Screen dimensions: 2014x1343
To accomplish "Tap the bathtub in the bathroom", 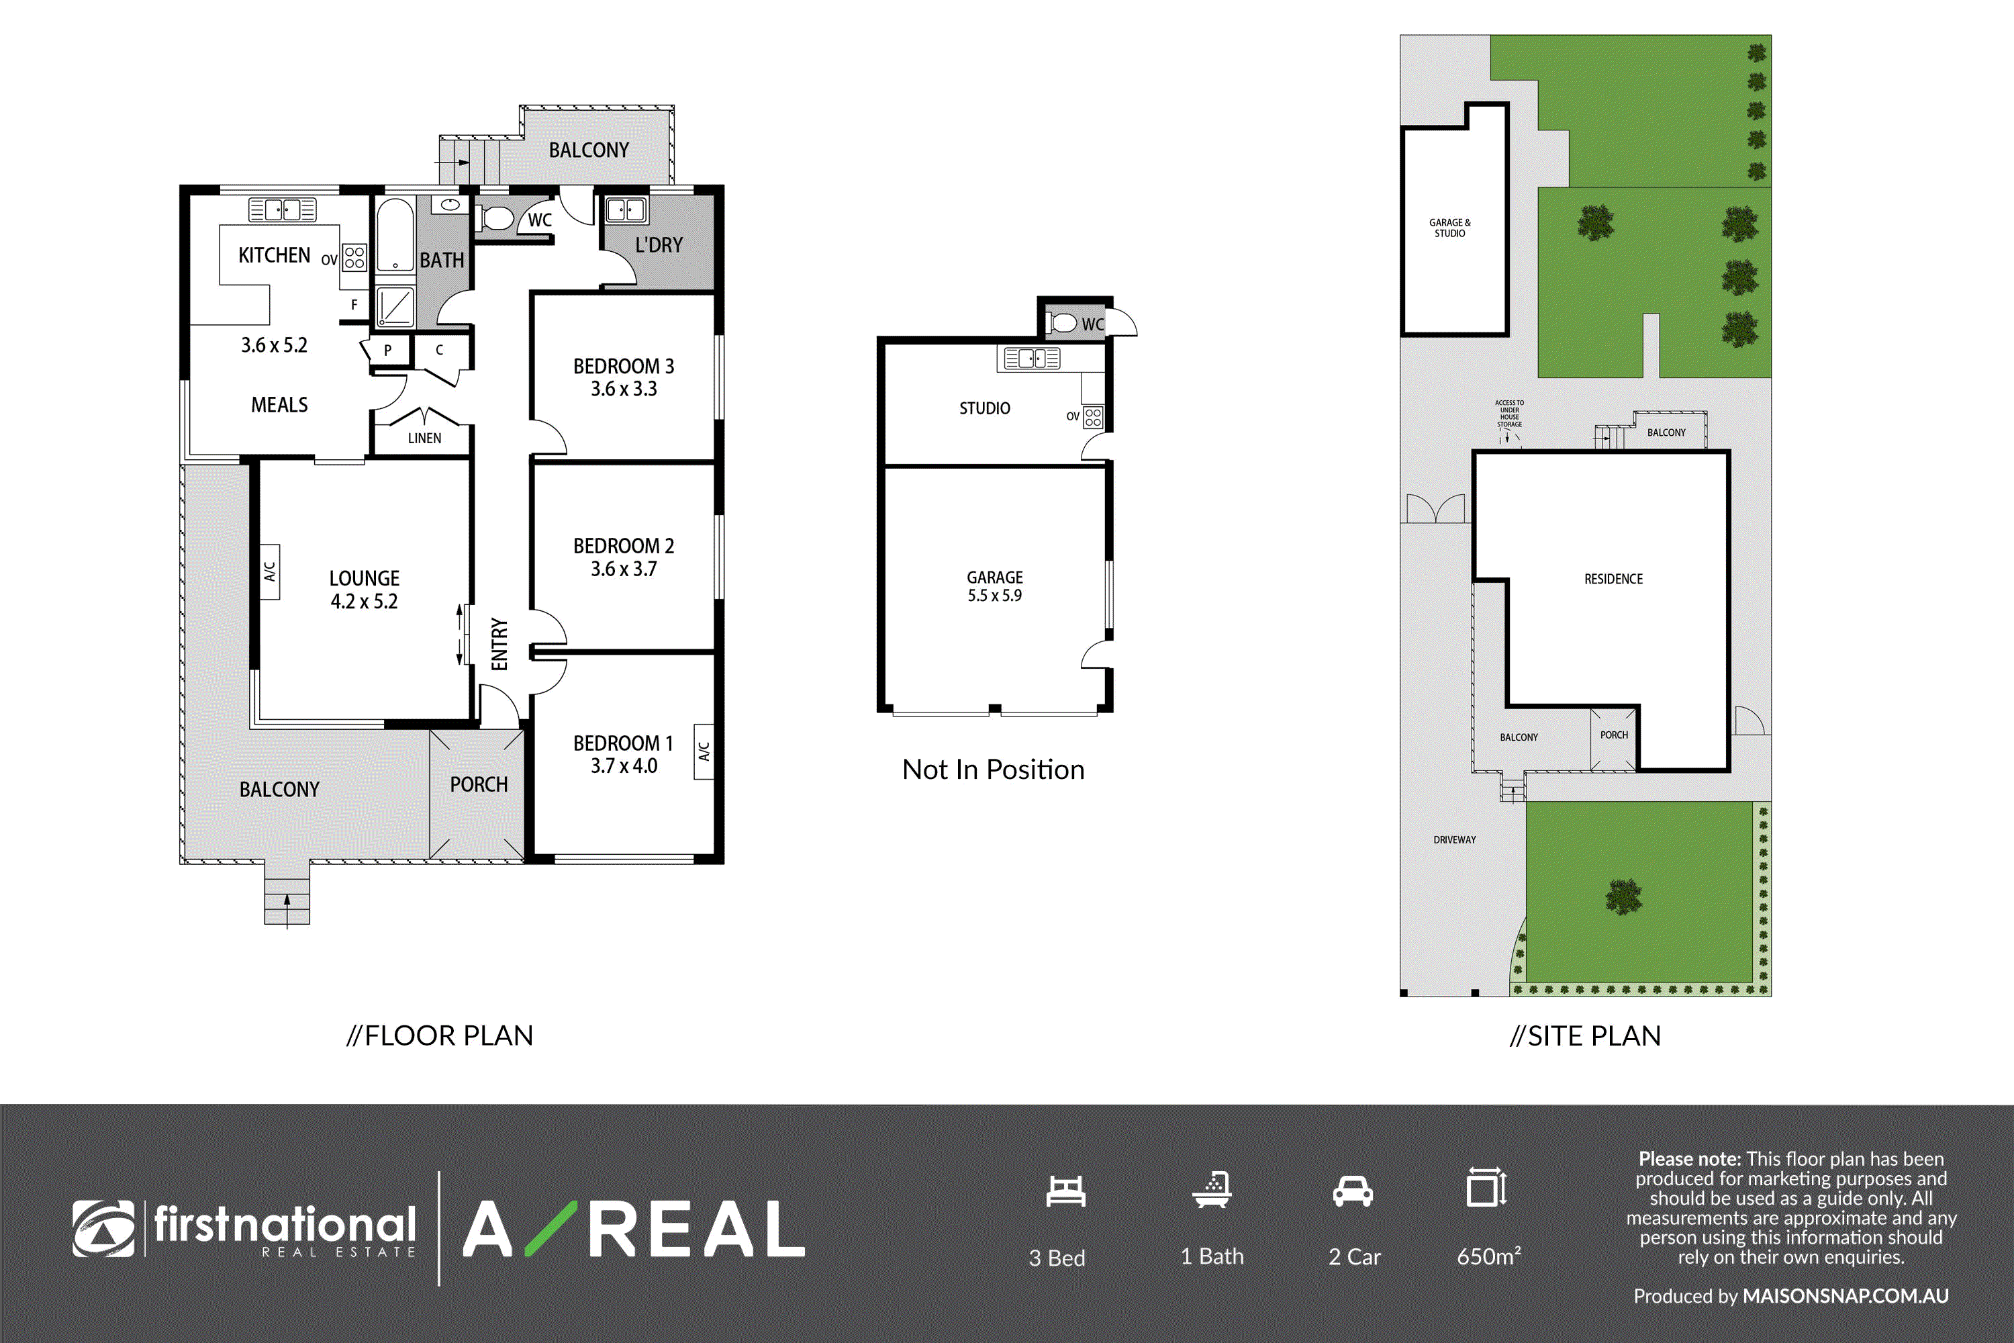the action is (395, 236).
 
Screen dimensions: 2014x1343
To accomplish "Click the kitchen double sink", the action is (283, 209).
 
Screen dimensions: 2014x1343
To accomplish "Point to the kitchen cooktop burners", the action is (354, 257).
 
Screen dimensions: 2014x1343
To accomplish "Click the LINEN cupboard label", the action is (425, 438).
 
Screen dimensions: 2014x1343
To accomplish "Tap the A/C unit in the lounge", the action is (269, 572).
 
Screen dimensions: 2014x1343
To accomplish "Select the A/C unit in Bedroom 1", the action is (704, 751).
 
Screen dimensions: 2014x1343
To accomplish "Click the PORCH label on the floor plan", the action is (479, 784).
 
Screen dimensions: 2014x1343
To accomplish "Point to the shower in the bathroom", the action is (395, 306).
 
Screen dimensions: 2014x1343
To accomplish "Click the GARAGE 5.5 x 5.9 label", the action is (995, 586).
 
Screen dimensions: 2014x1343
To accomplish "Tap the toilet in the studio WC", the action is (1063, 323).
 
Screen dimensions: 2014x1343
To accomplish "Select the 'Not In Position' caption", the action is (994, 769).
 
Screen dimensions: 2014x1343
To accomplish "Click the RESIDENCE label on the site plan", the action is (1613, 579).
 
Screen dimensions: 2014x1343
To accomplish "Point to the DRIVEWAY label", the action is (1455, 839).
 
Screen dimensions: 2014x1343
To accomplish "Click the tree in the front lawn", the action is (1623, 896).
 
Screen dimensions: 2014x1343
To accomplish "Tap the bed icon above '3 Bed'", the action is (1065, 1191).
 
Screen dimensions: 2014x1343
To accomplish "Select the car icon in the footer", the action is (1353, 1191).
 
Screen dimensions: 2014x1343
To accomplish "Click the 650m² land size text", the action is (1489, 1256).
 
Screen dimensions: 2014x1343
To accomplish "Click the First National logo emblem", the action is (103, 1228).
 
